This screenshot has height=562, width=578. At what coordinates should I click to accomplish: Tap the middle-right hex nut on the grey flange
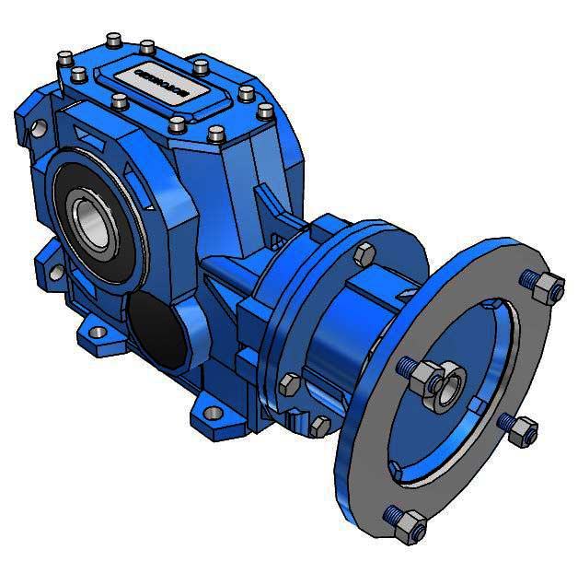pos(521,428)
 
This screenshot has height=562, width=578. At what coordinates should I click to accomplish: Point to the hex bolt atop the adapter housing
pos(364,256)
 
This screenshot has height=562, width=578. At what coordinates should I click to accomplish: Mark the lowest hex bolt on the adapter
pos(318,426)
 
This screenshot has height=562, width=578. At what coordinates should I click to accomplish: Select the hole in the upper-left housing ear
pos(38,128)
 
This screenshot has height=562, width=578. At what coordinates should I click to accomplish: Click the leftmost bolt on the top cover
pos(64,59)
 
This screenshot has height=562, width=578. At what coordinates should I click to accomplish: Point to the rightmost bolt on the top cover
pos(265,111)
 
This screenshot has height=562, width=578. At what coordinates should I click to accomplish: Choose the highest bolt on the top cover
pos(113,39)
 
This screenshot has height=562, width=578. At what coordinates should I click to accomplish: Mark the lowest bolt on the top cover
pos(217,135)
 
